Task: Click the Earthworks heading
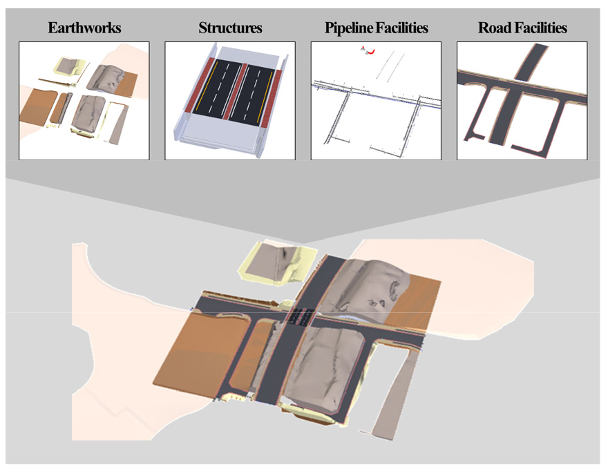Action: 84,28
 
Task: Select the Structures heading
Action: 230,28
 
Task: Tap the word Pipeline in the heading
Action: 348,28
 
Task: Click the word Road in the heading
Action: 493,28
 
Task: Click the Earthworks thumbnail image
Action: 84,101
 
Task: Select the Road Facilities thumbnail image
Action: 522,101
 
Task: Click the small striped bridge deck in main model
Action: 299,316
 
